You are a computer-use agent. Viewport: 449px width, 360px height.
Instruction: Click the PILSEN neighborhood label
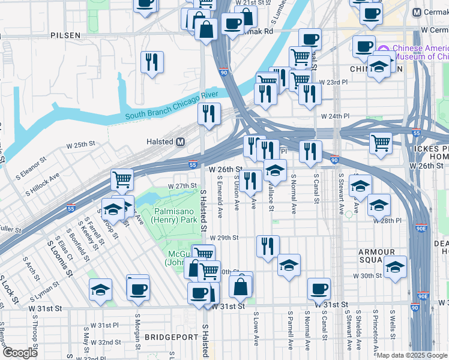pyautogui.click(x=65, y=35)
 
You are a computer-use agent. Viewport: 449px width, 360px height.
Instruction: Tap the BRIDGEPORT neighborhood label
pyautogui.click(x=172, y=337)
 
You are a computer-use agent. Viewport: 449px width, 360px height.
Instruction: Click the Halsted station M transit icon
pyautogui.click(x=179, y=142)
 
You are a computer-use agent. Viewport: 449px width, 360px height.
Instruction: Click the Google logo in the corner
pyautogui.click(x=20, y=353)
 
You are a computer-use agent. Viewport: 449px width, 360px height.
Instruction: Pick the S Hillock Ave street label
pyautogui.click(x=42, y=185)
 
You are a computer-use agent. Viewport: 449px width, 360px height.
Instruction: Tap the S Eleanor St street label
pyautogui.click(x=26, y=169)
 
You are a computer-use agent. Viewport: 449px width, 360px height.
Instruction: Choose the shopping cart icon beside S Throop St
pyautogui.click(x=122, y=179)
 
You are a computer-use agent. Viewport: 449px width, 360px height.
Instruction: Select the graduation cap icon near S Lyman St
pyautogui.click(x=100, y=290)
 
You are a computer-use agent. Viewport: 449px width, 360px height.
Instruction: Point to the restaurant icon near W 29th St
pyautogui.click(x=268, y=245)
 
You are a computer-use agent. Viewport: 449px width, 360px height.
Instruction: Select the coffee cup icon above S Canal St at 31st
pyautogui.click(x=319, y=289)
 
